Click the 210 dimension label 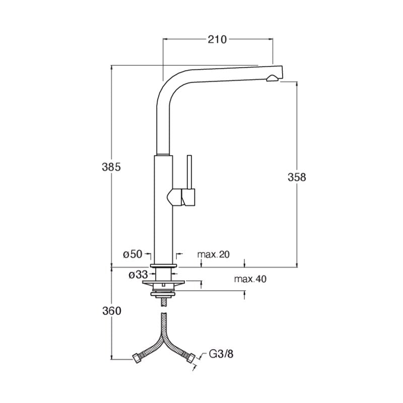(217, 39)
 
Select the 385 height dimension (111, 167)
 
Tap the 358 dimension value (297, 177)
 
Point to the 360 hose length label (111, 311)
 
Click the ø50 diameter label (132, 254)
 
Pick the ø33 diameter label (138, 275)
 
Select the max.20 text (213, 254)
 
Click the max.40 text (250, 279)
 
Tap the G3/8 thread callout (221, 354)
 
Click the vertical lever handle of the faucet (190, 172)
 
